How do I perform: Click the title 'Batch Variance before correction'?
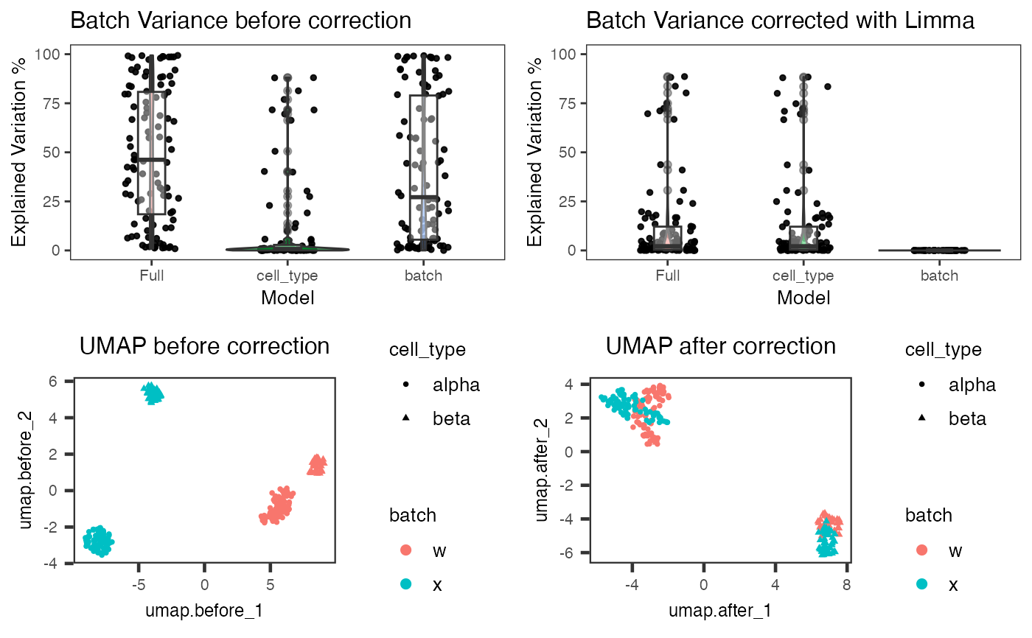click(240, 21)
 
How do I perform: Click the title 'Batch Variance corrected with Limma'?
click(780, 21)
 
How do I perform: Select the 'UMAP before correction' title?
click(204, 346)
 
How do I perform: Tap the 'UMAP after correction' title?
click(720, 346)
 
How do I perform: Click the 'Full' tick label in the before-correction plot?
click(151, 276)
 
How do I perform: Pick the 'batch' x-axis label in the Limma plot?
click(940, 276)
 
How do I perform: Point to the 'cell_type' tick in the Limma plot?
click(803, 276)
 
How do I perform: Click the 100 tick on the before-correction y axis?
click(56, 55)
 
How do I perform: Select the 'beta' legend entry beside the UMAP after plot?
click(967, 419)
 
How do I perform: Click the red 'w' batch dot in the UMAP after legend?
click(921, 550)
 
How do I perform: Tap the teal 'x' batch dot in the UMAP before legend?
click(405, 584)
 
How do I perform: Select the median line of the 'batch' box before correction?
click(424, 197)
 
